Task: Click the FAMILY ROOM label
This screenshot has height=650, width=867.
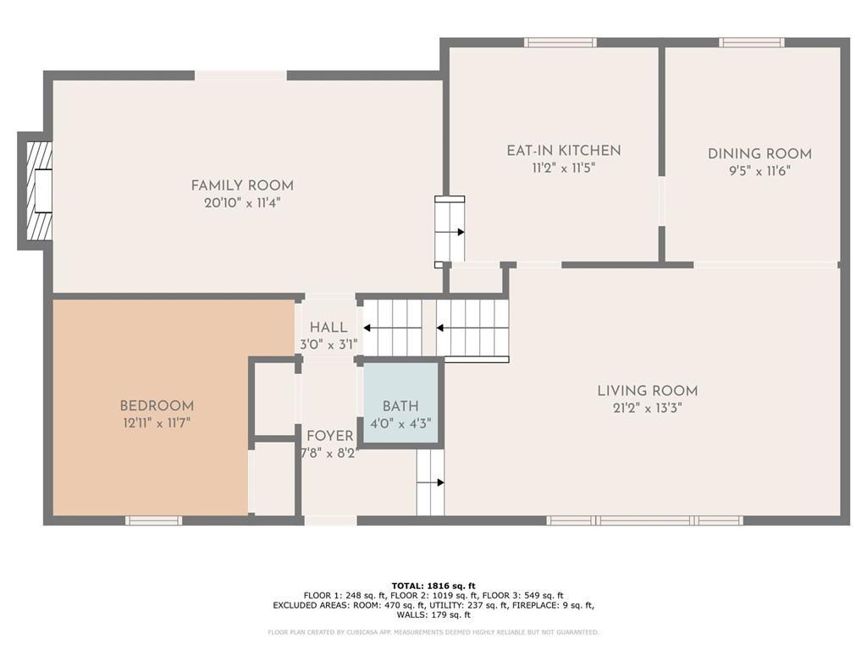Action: pos(242,185)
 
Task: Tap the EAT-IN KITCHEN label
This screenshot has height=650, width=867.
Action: pos(563,151)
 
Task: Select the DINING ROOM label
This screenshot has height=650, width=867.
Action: pos(759,154)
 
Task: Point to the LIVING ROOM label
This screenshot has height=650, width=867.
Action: pos(648,391)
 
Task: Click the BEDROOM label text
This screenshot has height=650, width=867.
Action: pos(157,406)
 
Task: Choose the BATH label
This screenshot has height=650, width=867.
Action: pos(400,407)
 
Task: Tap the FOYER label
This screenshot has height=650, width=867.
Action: pos(330,436)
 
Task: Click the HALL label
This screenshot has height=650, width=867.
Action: pos(329,328)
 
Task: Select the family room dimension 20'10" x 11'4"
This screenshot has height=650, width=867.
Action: pos(242,203)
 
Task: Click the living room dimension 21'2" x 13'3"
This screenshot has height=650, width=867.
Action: pos(648,408)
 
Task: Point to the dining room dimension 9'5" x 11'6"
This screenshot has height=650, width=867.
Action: pos(759,171)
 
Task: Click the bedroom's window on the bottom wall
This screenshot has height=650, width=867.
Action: pos(153,521)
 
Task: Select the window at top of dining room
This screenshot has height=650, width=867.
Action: pos(751,42)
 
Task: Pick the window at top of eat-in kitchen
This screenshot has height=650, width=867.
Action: pos(560,42)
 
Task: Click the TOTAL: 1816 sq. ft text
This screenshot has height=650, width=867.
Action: pos(433,586)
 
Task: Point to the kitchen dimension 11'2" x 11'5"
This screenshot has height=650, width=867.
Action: pos(563,168)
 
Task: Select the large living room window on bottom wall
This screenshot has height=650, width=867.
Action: pos(645,521)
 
